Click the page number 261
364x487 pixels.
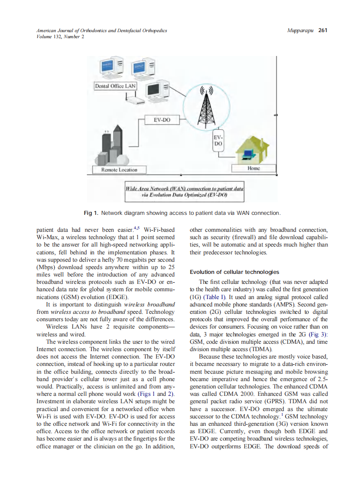point(322,30)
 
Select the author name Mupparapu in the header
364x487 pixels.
point(301,30)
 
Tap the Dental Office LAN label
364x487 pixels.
point(116,86)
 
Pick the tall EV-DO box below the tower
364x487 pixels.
point(218,140)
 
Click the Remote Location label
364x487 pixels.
point(119,169)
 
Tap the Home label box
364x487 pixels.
point(254,168)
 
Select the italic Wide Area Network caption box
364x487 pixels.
point(184,192)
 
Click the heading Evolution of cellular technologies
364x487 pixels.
point(234,272)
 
